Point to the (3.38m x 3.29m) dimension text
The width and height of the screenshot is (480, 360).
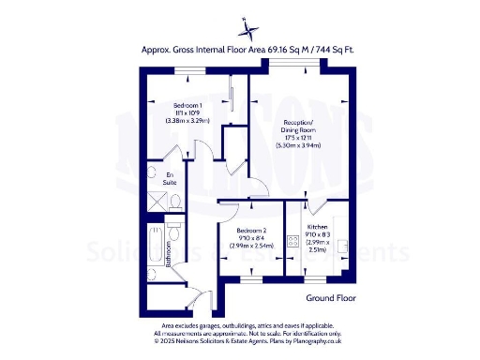(x=188, y=121)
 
